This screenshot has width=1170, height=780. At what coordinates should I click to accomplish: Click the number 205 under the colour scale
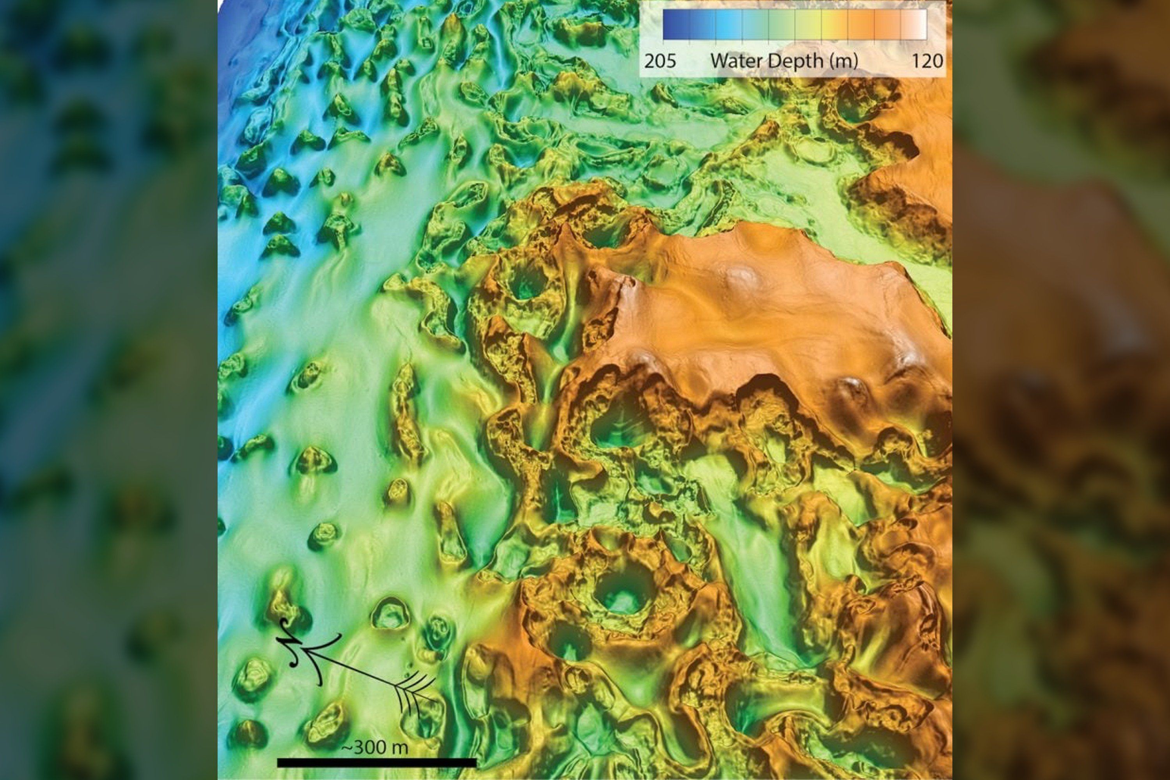click(660, 61)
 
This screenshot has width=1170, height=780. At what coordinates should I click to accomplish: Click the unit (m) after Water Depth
click(843, 61)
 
